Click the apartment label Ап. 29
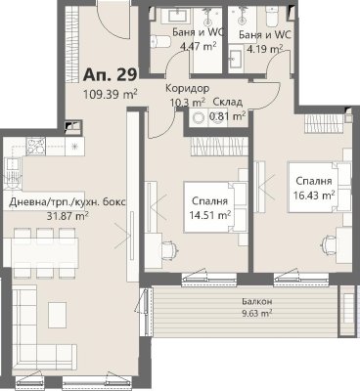coord(110,74)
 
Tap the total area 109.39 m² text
coord(110,95)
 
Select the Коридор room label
coord(187,88)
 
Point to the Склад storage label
coord(228,102)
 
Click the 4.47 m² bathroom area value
coord(199,47)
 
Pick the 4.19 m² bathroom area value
coord(264,50)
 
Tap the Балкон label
coord(257,301)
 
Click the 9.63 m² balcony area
coord(257,314)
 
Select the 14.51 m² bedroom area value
coord(210,215)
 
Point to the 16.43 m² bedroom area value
coord(314,195)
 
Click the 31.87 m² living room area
coord(67,215)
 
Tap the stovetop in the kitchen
coord(36,146)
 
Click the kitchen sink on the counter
coord(14,172)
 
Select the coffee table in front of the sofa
coord(58,316)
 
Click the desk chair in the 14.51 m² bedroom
coord(170,249)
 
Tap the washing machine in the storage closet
coord(199,118)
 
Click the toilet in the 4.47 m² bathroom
coord(160,41)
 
